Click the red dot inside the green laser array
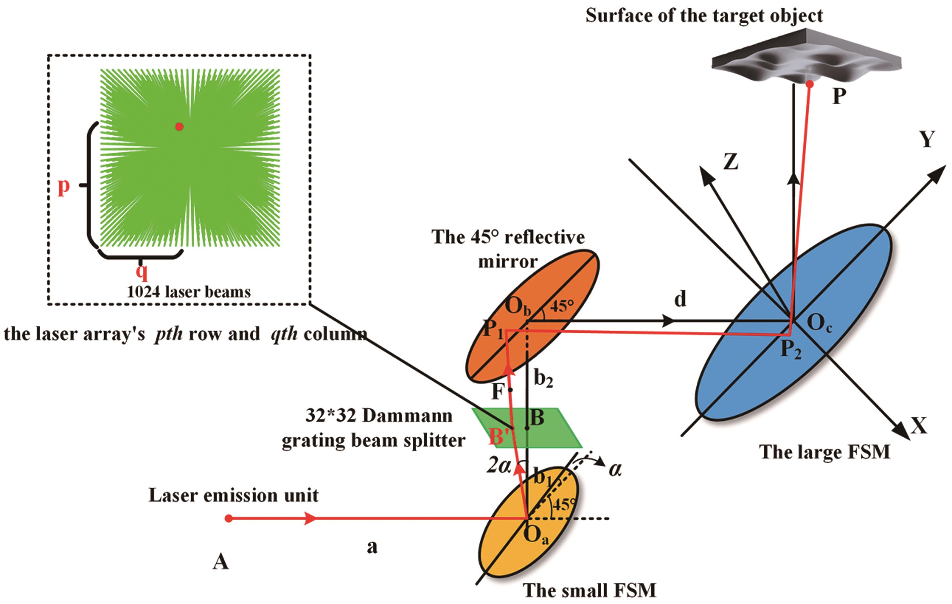(179, 127)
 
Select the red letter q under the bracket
(142, 272)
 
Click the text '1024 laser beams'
(189, 292)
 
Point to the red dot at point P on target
(810, 84)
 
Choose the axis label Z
(731, 162)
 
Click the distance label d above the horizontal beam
(680, 299)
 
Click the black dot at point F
(510, 390)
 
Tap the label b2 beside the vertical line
(543, 379)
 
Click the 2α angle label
(498, 466)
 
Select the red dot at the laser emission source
(228, 518)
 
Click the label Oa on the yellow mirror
(536, 535)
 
